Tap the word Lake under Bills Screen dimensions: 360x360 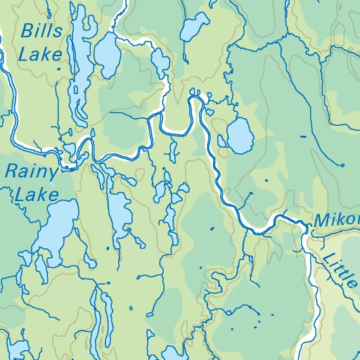(x=40, y=53)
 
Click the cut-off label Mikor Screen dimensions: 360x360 (x=337, y=220)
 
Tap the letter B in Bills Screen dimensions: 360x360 (x=27, y=31)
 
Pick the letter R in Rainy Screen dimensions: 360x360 (x=11, y=171)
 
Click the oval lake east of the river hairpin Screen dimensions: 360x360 (x=240, y=135)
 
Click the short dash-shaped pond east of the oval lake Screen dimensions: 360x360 (x=268, y=181)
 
